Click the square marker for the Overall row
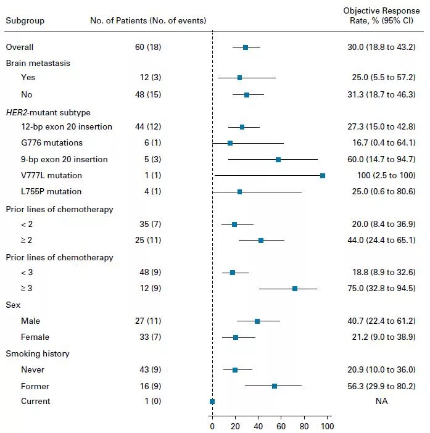pyautogui.click(x=246, y=47)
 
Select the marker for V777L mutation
pyautogui.click(x=323, y=176)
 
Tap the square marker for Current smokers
pyautogui.click(x=212, y=401)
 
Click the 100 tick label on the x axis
pyautogui.click(x=327, y=426)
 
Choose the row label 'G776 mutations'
pyautogui.click(x=52, y=143)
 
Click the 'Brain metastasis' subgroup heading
pyautogui.click(x=38, y=63)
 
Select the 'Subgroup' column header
pyautogui.click(x=25, y=20)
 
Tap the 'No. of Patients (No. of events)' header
pyautogui.click(x=148, y=20)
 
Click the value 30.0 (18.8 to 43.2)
pyautogui.click(x=381, y=47)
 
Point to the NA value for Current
pyautogui.click(x=381, y=401)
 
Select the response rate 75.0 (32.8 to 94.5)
pyautogui.click(x=381, y=289)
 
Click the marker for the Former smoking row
pyautogui.click(x=275, y=386)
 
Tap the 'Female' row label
pyautogui.click(x=35, y=337)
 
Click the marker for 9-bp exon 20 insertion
pyautogui.click(x=278, y=159)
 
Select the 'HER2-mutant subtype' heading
pyautogui.click(x=48, y=112)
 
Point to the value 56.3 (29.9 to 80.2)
pyautogui.click(x=381, y=386)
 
